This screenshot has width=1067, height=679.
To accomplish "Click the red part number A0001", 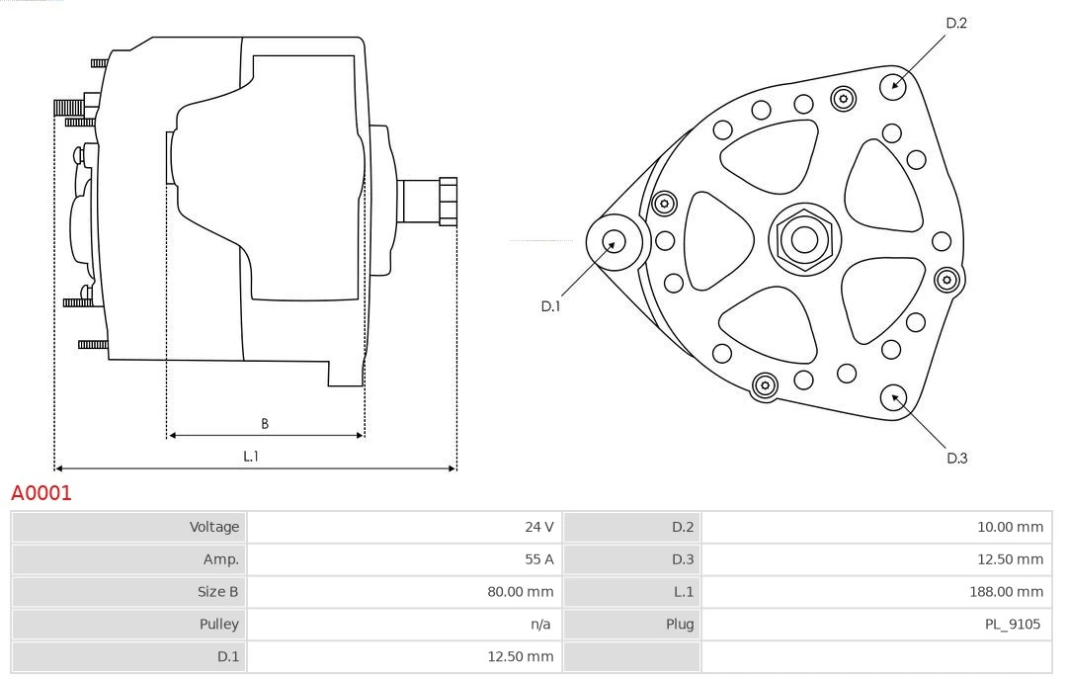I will (41, 492).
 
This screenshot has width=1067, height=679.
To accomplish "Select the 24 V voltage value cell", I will (538, 527).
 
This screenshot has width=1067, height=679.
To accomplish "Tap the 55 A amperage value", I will (538, 559).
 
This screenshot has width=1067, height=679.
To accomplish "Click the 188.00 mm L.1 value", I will (1008, 592).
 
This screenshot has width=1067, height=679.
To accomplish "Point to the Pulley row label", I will (218, 624).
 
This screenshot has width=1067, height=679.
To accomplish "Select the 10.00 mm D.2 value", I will (1010, 527).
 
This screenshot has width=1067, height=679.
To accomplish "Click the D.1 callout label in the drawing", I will (550, 306).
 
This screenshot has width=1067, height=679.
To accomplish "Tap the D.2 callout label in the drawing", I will (956, 23).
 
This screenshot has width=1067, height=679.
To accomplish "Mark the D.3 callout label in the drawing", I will (956, 458).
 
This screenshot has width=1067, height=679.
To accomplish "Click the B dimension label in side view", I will (265, 424).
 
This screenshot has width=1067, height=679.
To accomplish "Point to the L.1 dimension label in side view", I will (251, 456).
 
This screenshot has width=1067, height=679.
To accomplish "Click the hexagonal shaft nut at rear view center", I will (804, 239).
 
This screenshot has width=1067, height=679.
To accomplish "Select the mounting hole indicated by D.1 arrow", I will (614, 241).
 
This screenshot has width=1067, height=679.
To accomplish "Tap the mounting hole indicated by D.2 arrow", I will (894, 84).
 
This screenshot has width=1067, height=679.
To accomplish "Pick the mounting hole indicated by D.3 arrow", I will (895, 397).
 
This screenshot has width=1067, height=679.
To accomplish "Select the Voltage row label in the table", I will (214, 527).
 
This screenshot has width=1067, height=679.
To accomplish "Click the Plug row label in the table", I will (679, 624).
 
